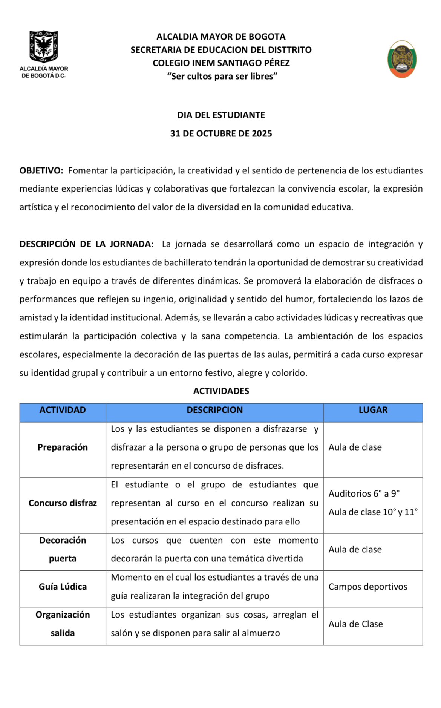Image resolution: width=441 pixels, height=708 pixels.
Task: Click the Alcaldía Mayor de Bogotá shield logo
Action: (44, 47)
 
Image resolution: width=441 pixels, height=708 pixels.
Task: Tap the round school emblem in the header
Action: (402, 59)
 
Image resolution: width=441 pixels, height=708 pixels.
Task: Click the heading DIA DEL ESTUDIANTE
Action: (221, 115)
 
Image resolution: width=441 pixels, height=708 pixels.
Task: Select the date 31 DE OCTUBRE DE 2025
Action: (221, 133)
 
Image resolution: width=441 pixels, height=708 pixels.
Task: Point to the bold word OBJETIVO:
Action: (41, 170)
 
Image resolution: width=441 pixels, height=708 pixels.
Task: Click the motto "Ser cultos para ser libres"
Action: (222, 76)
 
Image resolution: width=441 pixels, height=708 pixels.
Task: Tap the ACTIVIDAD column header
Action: (63, 410)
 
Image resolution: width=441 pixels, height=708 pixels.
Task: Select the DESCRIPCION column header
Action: (214, 410)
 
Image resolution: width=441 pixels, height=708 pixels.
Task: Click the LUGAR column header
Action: (373, 410)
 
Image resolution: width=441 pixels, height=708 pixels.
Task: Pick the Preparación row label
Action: (63, 447)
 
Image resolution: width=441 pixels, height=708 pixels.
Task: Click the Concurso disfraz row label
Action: (63, 503)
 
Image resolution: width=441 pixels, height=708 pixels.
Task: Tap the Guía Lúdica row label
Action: (63, 587)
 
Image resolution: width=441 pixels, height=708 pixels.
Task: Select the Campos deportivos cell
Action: (368, 587)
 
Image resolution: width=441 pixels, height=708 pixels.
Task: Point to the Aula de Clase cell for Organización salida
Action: (355, 624)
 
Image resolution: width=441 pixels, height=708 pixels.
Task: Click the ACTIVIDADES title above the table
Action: (221, 391)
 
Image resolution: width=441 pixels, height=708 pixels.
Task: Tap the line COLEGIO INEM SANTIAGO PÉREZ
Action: (221, 63)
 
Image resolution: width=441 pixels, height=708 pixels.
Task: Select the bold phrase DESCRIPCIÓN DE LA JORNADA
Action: (85, 244)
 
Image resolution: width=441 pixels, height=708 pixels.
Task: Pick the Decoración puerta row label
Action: (63, 549)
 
